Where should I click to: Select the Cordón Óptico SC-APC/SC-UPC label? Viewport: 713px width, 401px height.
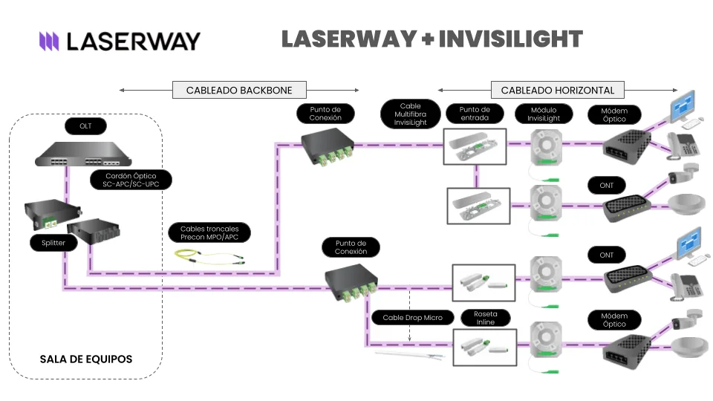click(128, 180)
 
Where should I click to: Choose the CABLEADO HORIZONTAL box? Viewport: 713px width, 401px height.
click(558, 91)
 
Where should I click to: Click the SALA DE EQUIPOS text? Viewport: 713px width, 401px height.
click(86, 359)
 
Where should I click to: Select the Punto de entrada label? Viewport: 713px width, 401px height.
click(475, 114)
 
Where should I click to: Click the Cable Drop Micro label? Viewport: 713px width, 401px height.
click(412, 318)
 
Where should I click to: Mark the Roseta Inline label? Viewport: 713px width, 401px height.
click(485, 318)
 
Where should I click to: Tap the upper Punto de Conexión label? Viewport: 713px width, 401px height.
click(325, 114)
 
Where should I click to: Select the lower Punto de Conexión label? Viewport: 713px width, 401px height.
click(351, 247)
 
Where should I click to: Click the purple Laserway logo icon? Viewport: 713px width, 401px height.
click(49, 41)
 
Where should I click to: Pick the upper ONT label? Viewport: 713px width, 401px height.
click(607, 185)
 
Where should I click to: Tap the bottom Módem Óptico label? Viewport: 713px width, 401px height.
click(607, 320)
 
